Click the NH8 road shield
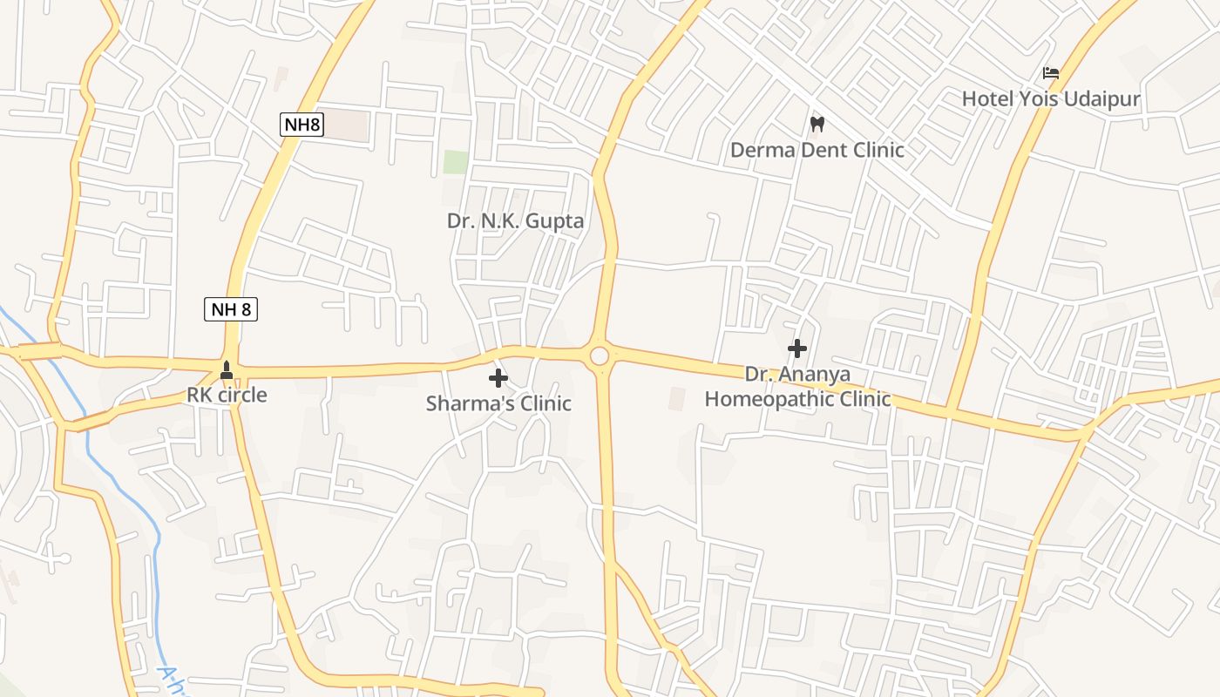pyautogui.click(x=302, y=125)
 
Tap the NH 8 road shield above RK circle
pyautogui.click(x=231, y=308)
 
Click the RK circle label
pyautogui.click(x=227, y=395)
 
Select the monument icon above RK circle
pyautogui.click(x=227, y=370)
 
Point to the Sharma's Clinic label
pyautogui.click(x=498, y=403)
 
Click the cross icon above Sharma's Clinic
pyautogui.click(x=498, y=378)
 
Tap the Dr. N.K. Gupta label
pyautogui.click(x=515, y=220)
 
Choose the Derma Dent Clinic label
pyautogui.click(x=817, y=150)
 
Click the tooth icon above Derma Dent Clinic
pyautogui.click(x=817, y=124)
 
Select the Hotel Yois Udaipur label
pyautogui.click(x=1050, y=99)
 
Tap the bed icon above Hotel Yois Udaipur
pyautogui.click(x=1051, y=73)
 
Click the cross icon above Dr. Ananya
pyautogui.click(x=796, y=348)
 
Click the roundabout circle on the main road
pyautogui.click(x=600, y=355)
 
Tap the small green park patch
pyautogui.click(x=456, y=162)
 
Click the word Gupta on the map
pyautogui.click(x=554, y=220)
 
